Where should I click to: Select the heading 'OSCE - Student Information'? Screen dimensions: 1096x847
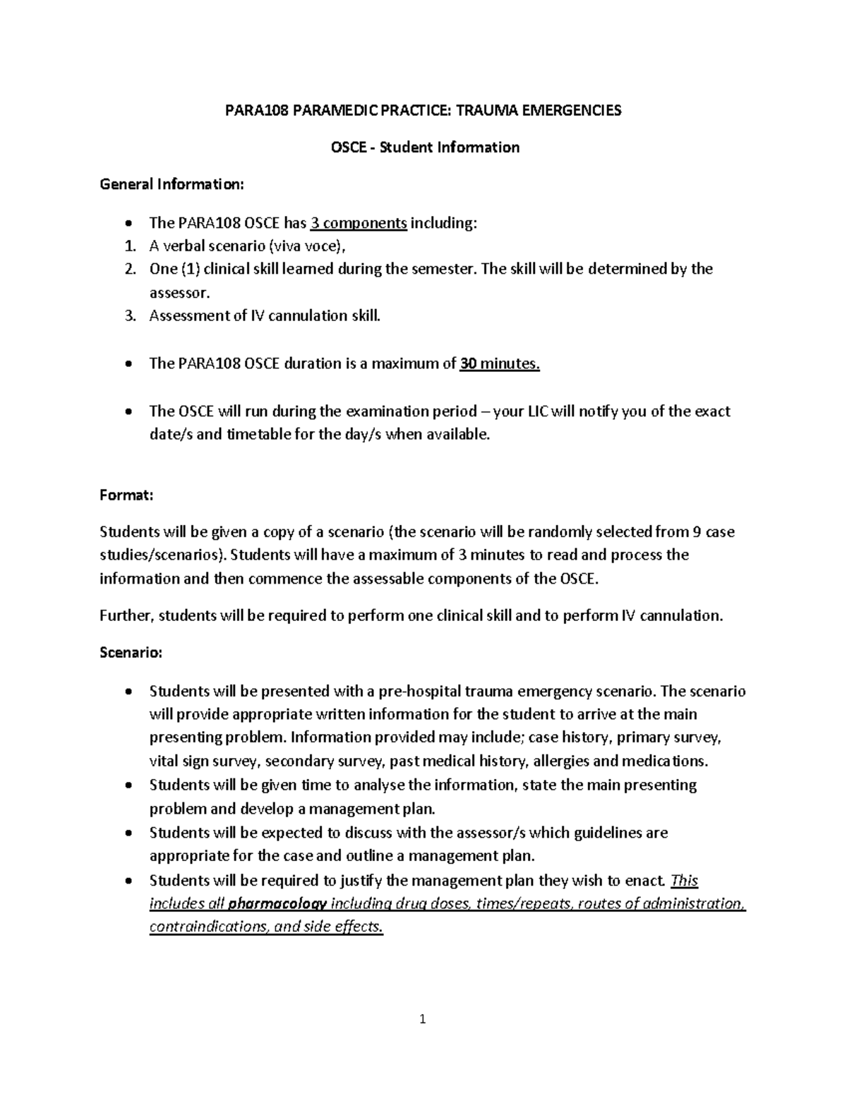425,147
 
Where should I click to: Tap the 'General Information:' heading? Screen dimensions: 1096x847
172,185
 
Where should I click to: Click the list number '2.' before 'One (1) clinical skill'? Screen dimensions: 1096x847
129,270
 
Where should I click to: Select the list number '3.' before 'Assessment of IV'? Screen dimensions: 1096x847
129,316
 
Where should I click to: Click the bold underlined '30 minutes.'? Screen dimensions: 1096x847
500,364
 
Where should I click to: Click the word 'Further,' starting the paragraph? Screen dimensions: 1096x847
126,616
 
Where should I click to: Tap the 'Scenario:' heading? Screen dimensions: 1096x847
131,654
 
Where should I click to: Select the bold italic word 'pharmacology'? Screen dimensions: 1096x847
280,904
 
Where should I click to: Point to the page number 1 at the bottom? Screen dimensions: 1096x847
423,1019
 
